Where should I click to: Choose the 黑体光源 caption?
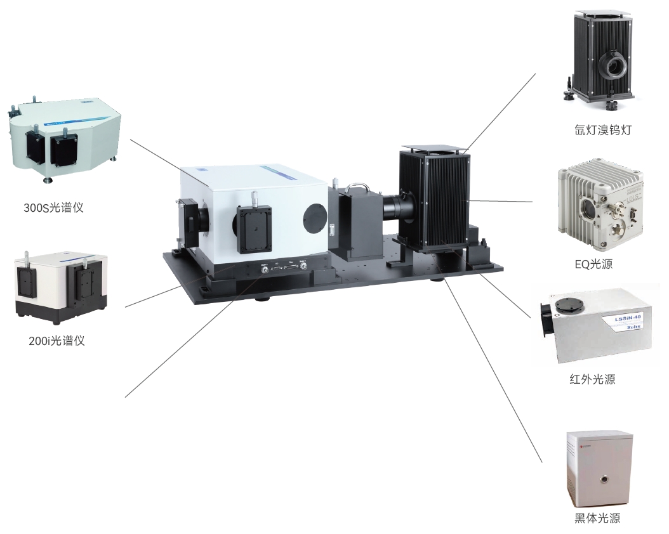pos(597,518)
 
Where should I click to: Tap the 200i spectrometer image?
pos(61,284)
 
